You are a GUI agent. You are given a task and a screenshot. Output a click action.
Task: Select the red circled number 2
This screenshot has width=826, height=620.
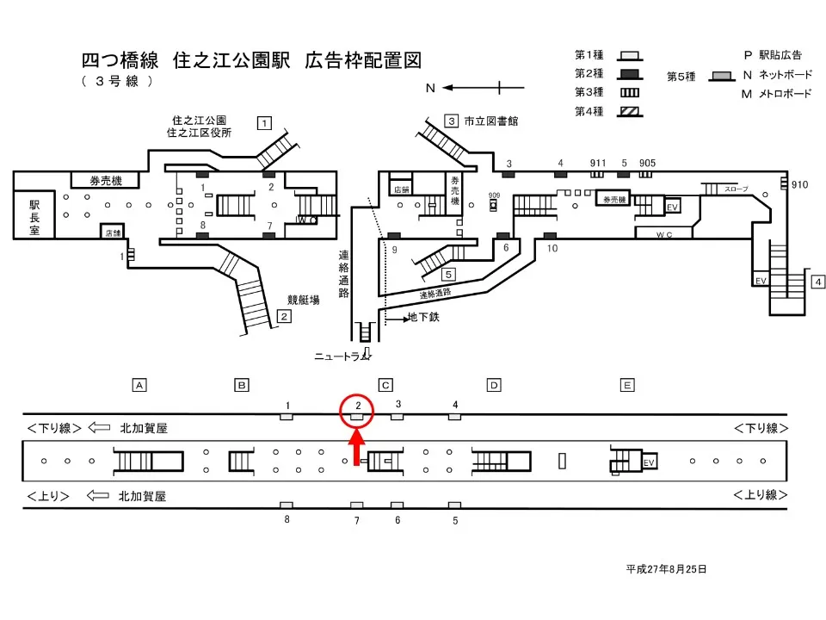coord(357,407)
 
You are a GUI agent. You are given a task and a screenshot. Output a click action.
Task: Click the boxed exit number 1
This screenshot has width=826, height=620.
coord(265,122)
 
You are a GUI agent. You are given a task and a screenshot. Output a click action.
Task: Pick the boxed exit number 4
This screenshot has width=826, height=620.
coord(818,282)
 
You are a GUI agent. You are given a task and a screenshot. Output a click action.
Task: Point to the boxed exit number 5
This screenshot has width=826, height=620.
coord(448,275)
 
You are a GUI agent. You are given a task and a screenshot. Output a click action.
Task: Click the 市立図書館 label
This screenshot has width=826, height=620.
coord(491,121)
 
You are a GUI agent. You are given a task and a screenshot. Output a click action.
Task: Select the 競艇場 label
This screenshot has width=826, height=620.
coord(303,301)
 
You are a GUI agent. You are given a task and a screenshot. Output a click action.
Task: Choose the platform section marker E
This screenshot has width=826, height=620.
coord(627,385)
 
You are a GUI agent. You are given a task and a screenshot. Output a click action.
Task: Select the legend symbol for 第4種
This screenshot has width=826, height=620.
coord(629,111)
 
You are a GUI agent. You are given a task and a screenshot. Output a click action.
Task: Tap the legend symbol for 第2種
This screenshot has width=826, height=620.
coord(629,73)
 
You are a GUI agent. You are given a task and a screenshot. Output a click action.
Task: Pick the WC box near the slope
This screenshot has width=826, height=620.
coord(663,233)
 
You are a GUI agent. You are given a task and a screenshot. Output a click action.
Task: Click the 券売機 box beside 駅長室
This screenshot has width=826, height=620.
coord(107,181)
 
